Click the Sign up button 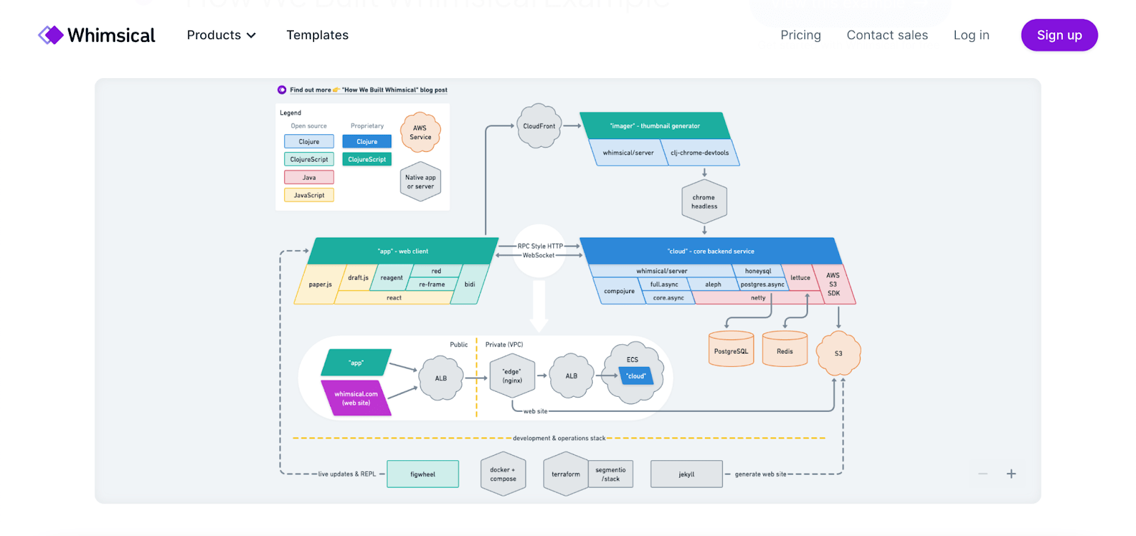[x=1059, y=35]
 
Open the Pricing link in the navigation [x=800, y=35]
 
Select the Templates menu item [x=317, y=35]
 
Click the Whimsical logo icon [x=50, y=35]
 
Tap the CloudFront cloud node [x=539, y=126]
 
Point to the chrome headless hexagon [x=704, y=202]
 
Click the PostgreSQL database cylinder [x=731, y=351]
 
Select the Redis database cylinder [x=785, y=351]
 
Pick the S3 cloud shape [x=839, y=353]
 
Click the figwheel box [x=422, y=474]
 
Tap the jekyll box [x=686, y=474]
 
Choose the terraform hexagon [x=566, y=474]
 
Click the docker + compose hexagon [x=503, y=474]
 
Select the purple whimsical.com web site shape [x=356, y=398]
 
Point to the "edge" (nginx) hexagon [x=512, y=376]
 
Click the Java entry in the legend [x=309, y=177]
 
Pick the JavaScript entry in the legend [x=309, y=195]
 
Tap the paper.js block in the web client [x=319, y=285]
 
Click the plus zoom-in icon [x=1011, y=474]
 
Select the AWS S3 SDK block [x=834, y=284]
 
